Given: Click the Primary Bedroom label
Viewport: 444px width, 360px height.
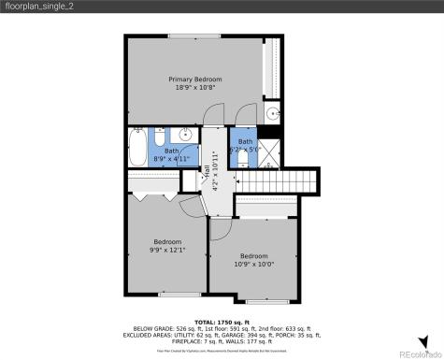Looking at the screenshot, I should [195, 79].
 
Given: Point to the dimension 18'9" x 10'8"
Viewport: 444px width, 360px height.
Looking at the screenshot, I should [195, 89].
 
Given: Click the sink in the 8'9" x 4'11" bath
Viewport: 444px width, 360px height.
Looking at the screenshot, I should [190, 157].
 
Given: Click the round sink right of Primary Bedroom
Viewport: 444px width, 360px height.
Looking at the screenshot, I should [270, 114].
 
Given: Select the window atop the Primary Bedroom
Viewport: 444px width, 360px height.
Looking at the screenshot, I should [195, 36].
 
